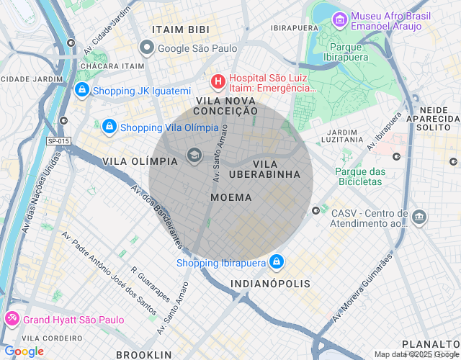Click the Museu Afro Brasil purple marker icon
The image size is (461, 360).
(339, 19)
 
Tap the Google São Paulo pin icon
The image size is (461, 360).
(147, 49)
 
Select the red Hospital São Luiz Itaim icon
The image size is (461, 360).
(217, 81)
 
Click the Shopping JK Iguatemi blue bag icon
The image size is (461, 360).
(81, 90)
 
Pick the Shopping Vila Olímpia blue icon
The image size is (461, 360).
(109, 127)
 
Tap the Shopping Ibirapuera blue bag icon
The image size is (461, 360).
(277, 262)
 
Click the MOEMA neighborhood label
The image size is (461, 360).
(231, 197)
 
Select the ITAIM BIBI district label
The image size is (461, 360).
(181, 30)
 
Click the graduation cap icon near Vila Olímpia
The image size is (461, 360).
(194, 155)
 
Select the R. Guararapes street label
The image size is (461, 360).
(150, 287)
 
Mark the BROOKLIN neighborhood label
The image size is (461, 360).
(144, 354)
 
